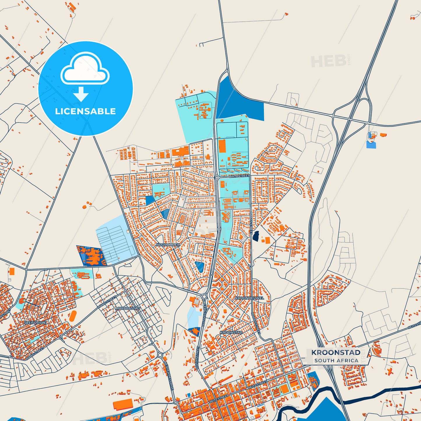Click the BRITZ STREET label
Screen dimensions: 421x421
tap(239, 176)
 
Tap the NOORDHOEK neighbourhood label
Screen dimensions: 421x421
tap(168, 245)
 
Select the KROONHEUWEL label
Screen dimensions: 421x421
tap(250, 298)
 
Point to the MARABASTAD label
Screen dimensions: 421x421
tap(128, 308)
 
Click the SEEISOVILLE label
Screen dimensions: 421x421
tap(35, 323)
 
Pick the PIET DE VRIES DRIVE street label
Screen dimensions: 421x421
tap(169, 376)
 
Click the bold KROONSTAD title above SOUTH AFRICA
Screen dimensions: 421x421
tap(336, 353)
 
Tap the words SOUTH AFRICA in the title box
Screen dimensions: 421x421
tap(336, 360)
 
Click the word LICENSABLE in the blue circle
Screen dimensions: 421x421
tap(85, 111)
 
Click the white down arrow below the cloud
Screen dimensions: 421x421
tap(81, 94)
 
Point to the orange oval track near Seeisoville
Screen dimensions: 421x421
tap(73, 316)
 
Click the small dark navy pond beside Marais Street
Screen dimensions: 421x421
tap(256, 236)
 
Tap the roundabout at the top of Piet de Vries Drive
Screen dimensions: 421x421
tap(160, 355)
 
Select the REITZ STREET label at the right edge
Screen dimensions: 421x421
tap(415, 325)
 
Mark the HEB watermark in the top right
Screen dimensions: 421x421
tap(329, 61)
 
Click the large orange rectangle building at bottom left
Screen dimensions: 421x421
tap(123, 405)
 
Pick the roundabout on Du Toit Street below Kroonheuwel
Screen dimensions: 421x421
tap(204, 297)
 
